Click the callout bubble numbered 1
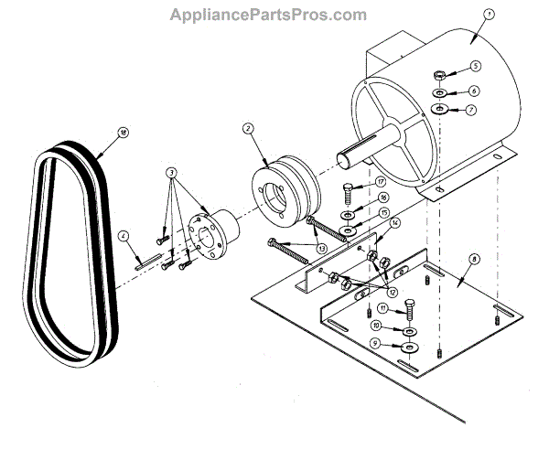[489, 15]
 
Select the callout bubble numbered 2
[247, 129]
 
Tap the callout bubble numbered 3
[170, 173]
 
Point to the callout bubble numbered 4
[122, 235]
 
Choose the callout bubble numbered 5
[476, 67]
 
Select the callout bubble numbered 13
[322, 249]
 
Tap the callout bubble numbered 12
[392, 292]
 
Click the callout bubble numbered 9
[374, 343]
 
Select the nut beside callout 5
[440, 74]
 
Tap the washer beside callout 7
[440, 110]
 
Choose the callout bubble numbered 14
[394, 222]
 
